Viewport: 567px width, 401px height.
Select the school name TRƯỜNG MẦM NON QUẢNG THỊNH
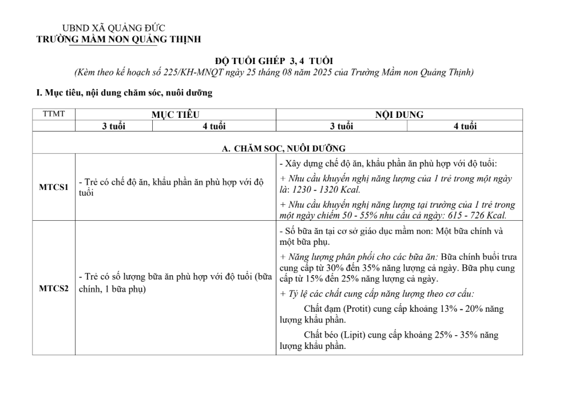118,39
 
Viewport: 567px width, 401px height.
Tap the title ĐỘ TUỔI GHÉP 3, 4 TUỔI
273,61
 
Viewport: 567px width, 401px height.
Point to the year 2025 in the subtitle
322,73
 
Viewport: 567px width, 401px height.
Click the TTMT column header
54,114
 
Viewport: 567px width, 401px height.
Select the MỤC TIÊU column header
175,114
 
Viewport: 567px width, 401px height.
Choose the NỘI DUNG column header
399,114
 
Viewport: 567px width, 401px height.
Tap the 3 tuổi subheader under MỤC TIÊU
113,126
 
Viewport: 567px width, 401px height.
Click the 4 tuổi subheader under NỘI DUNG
465,126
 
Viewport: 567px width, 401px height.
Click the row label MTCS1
54,187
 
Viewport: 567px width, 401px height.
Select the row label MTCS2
54,288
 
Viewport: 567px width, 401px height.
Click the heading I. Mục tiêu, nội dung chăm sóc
124,92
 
